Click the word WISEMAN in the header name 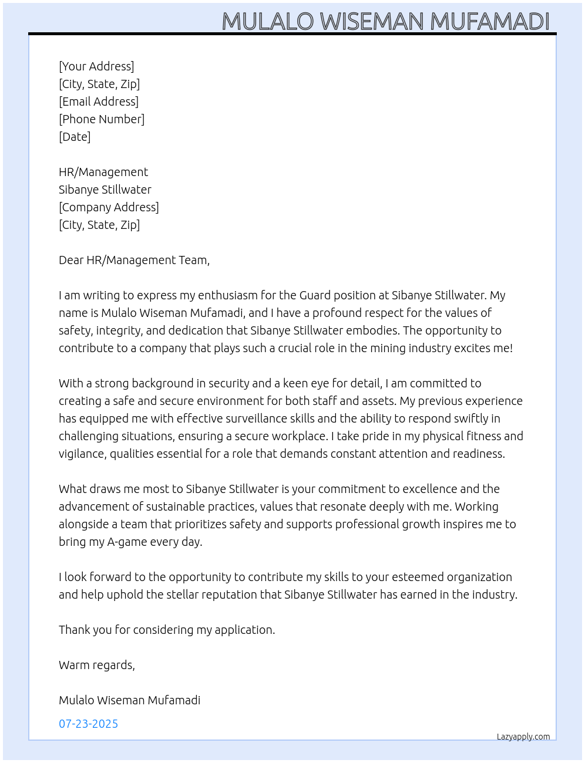(372, 22)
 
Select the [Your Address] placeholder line (96, 66)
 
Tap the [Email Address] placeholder (99, 102)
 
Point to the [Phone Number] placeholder (102, 119)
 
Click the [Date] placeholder (75, 137)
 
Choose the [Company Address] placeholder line (109, 207)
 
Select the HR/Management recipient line (103, 172)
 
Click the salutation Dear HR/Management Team (134, 260)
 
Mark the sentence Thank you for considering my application (167, 630)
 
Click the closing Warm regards (97, 665)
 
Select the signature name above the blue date (129, 700)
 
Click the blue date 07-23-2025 (88, 724)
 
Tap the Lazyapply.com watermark (523, 737)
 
